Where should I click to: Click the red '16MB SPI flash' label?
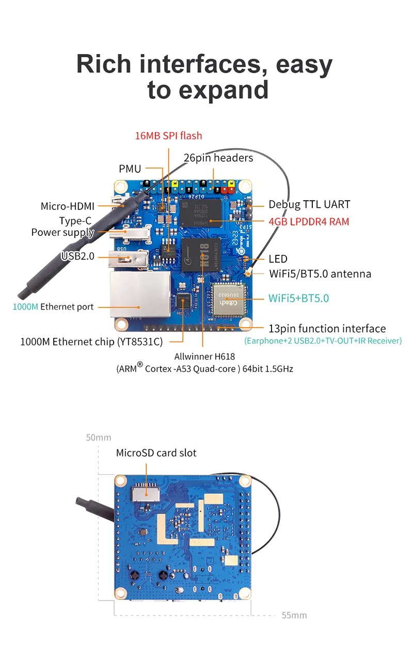pyautogui.click(x=168, y=136)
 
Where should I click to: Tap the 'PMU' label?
pyautogui.click(x=130, y=169)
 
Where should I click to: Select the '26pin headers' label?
pyautogui.click(x=218, y=157)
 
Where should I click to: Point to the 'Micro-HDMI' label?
pyautogui.click(x=68, y=206)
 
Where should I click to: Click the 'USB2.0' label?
pyautogui.click(x=78, y=256)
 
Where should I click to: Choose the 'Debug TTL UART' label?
pyautogui.click(x=309, y=204)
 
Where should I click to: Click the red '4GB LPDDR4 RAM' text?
pyautogui.click(x=309, y=222)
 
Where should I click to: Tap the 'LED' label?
pyautogui.click(x=278, y=259)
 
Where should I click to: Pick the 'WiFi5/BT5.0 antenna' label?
pyautogui.click(x=320, y=273)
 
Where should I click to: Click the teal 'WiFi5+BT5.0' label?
pyautogui.click(x=298, y=298)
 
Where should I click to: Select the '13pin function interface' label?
pyautogui.click(x=327, y=328)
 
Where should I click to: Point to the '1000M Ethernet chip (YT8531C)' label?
pyautogui.click(x=91, y=341)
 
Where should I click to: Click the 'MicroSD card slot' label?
pyautogui.click(x=156, y=453)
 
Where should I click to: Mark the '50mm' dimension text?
pyautogui.click(x=98, y=438)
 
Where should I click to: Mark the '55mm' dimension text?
pyautogui.click(x=294, y=615)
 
